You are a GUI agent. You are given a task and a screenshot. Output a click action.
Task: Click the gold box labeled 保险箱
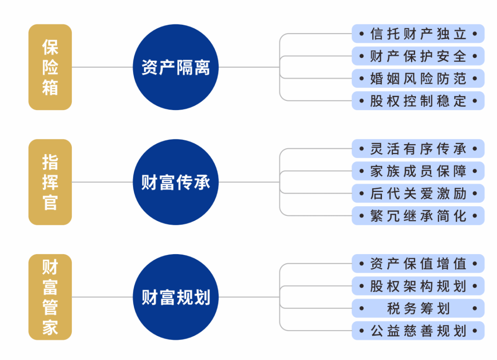tap(50, 67)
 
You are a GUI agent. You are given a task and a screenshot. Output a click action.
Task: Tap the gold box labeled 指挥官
tap(50, 182)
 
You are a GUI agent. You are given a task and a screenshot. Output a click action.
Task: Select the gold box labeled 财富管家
tap(50, 297)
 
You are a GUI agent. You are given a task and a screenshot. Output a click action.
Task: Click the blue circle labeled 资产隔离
tap(176, 67)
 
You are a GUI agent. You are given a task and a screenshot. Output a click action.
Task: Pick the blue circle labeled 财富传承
tap(176, 182)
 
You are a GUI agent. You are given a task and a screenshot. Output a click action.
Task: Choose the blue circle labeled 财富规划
tap(176, 297)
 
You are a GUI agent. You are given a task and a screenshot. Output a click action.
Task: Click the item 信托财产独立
tap(418, 34)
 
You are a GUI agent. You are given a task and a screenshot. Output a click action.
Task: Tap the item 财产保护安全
tap(418, 56)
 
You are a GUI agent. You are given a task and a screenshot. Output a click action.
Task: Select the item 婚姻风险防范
tap(418, 78)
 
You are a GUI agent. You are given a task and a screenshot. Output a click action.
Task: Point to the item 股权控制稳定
tap(418, 101)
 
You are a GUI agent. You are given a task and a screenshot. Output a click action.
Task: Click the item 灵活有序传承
tap(418, 149)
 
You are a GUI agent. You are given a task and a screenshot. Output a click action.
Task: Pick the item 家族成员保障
tap(418, 171)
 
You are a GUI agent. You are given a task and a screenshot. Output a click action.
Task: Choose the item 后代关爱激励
tap(418, 193)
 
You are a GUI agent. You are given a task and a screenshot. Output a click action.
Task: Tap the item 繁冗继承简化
tap(418, 216)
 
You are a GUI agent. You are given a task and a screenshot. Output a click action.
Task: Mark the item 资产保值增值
tap(418, 264)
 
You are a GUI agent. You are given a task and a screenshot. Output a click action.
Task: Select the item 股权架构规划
tap(418, 286)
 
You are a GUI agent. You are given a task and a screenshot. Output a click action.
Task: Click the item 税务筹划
tap(418, 308)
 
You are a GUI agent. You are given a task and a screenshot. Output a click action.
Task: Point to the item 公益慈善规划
tap(418, 331)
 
